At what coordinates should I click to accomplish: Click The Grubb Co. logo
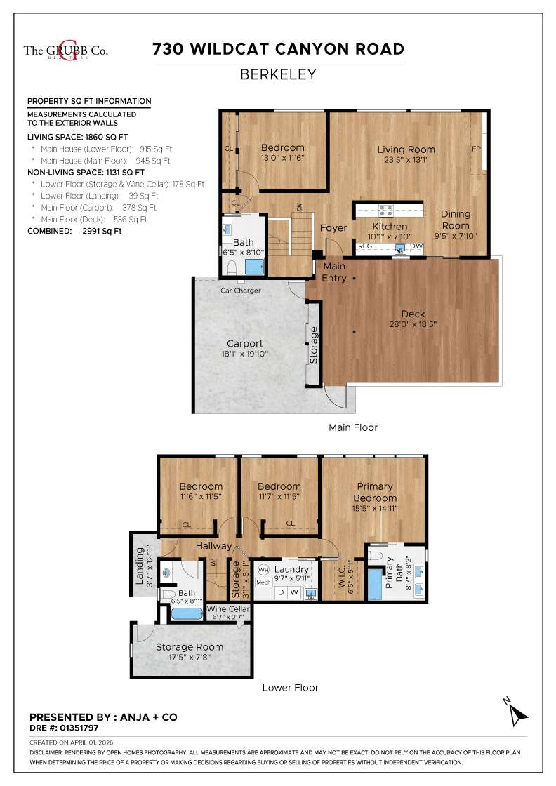click(66, 50)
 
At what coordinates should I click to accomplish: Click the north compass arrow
click(517, 712)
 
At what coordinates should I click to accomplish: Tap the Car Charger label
click(241, 291)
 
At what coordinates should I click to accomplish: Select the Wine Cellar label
click(228, 609)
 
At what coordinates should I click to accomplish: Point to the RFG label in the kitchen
click(365, 246)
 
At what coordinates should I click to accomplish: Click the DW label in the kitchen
click(416, 246)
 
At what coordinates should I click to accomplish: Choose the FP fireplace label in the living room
click(476, 149)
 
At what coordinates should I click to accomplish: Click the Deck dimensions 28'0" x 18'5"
click(413, 325)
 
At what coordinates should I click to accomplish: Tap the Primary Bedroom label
click(374, 492)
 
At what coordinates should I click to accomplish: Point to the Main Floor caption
click(353, 427)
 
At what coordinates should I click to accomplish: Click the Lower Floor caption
click(290, 688)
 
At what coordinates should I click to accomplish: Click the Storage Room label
click(190, 647)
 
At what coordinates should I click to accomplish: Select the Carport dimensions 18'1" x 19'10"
click(244, 354)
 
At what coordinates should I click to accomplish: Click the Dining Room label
click(455, 220)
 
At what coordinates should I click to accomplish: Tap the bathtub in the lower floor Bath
click(186, 613)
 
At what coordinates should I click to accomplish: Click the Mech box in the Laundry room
click(263, 582)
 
